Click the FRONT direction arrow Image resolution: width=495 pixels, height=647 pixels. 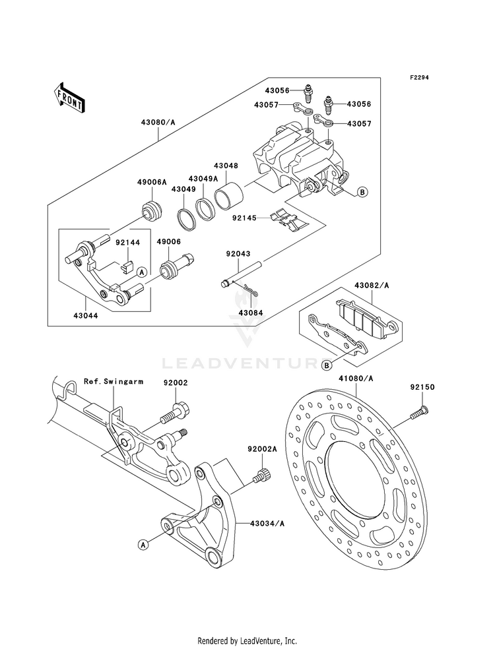coord(69,98)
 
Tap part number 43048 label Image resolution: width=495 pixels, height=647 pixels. coord(226,166)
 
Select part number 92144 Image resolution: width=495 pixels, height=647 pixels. coord(127,243)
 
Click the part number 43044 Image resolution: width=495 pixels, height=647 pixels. coord(85,316)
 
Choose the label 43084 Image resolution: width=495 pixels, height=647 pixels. coord(250,313)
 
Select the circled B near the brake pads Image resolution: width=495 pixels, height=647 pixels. coord(327,365)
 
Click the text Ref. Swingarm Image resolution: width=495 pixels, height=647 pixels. coord(114,381)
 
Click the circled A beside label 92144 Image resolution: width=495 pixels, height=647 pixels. coord(142,272)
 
